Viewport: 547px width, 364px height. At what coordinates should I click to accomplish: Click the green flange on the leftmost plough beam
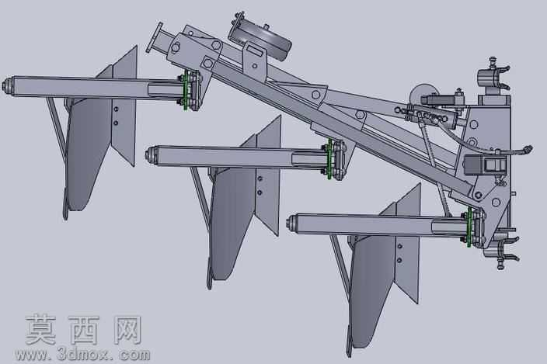[x=185, y=90]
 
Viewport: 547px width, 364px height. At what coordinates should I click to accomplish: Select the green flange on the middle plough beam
[x=329, y=159]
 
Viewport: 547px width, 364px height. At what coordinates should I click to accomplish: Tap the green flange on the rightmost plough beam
[x=469, y=227]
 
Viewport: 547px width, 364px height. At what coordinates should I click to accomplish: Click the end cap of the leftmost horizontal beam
[x=7, y=85]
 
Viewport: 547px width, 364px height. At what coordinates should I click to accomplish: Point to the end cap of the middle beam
[x=151, y=155]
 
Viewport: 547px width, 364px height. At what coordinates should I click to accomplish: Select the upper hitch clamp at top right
[x=493, y=74]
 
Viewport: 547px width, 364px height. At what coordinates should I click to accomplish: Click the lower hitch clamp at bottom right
[x=503, y=250]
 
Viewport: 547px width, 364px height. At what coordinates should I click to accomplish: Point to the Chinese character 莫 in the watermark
[x=40, y=330]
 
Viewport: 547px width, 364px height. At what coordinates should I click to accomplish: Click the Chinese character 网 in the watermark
[x=127, y=330]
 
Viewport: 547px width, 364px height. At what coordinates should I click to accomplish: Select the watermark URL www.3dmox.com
[x=82, y=355]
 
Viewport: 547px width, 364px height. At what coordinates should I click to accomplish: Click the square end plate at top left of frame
[x=154, y=37]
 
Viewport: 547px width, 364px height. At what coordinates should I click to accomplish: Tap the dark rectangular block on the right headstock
[x=485, y=165]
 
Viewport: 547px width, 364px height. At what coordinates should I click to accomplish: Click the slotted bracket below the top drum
[x=256, y=57]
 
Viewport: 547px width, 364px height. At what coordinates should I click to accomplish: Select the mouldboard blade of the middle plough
[x=230, y=223]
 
